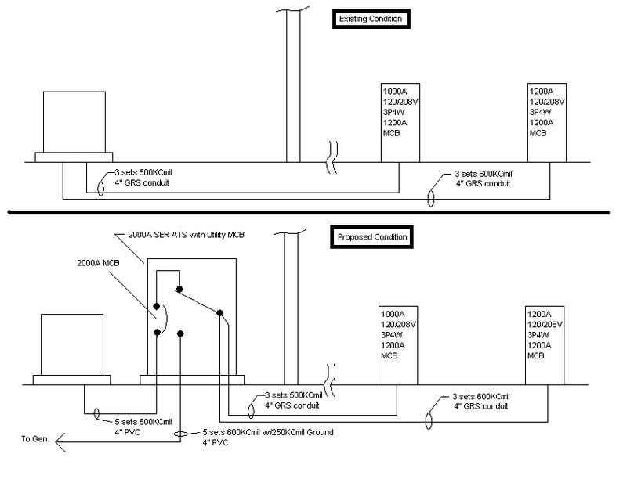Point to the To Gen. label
click(x=34, y=439)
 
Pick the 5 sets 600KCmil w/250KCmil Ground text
click(x=274, y=432)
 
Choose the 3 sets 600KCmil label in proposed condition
click(x=482, y=397)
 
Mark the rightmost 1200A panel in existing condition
click(x=548, y=121)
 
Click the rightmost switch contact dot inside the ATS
click(x=220, y=313)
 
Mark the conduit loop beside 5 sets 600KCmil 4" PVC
click(x=96, y=412)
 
